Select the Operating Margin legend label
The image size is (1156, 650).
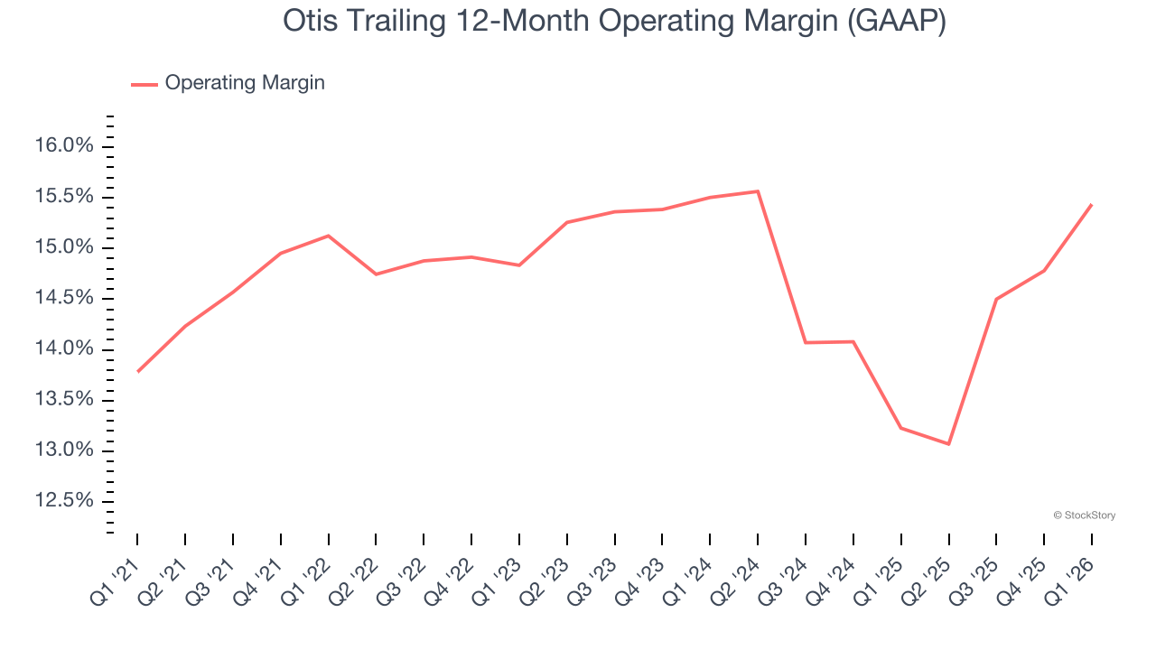click(x=245, y=83)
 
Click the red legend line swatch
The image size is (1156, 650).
click(x=144, y=84)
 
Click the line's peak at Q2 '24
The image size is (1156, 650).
click(x=758, y=191)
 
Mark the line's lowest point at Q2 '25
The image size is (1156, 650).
click(x=948, y=443)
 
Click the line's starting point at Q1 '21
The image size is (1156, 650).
click(x=137, y=371)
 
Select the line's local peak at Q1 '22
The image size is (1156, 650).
click(x=328, y=236)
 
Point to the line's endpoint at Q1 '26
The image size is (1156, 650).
click(x=1091, y=205)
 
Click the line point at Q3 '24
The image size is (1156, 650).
click(x=806, y=342)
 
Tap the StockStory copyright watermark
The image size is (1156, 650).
click(x=1084, y=515)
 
